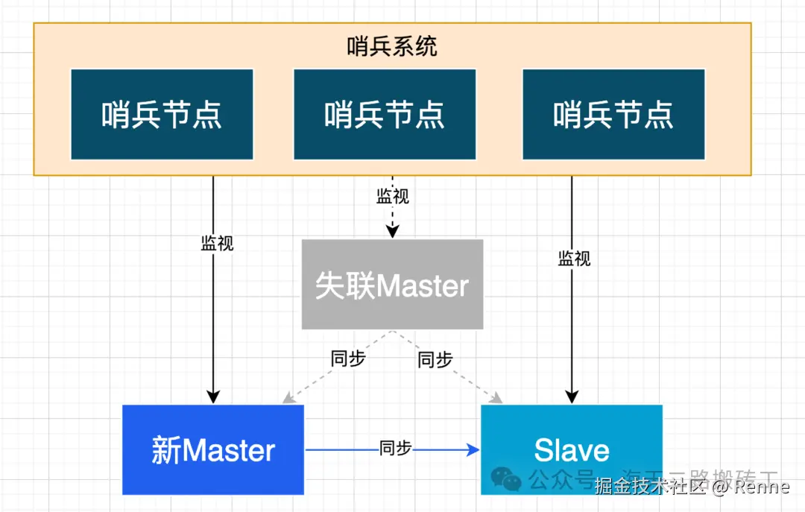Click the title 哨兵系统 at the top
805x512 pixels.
pyautogui.click(x=392, y=46)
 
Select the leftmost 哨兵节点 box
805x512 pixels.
pyautogui.click(x=162, y=114)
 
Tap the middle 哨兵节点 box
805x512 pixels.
pyautogui.click(x=385, y=114)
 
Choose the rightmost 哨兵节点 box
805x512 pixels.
pyautogui.click(x=613, y=114)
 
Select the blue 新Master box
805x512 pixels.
pyautogui.click(x=213, y=450)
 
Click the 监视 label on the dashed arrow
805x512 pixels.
pyautogui.click(x=393, y=197)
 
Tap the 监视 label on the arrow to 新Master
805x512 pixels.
pyautogui.click(x=217, y=243)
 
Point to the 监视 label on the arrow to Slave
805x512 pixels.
pyautogui.click(x=574, y=259)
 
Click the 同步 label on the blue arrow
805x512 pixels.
pyautogui.click(x=395, y=449)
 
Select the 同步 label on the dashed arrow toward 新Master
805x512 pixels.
pyautogui.click(x=348, y=358)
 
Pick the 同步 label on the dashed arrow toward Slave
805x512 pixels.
pyautogui.click(x=435, y=360)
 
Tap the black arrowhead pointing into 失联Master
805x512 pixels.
pyautogui.click(x=392, y=233)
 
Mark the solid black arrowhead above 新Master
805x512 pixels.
pyautogui.click(x=213, y=396)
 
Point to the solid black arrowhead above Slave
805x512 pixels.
pyautogui.click(x=572, y=396)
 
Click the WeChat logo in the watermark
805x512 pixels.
pyautogui.click(x=507, y=479)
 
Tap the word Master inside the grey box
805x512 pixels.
pyautogui.click(x=422, y=286)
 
